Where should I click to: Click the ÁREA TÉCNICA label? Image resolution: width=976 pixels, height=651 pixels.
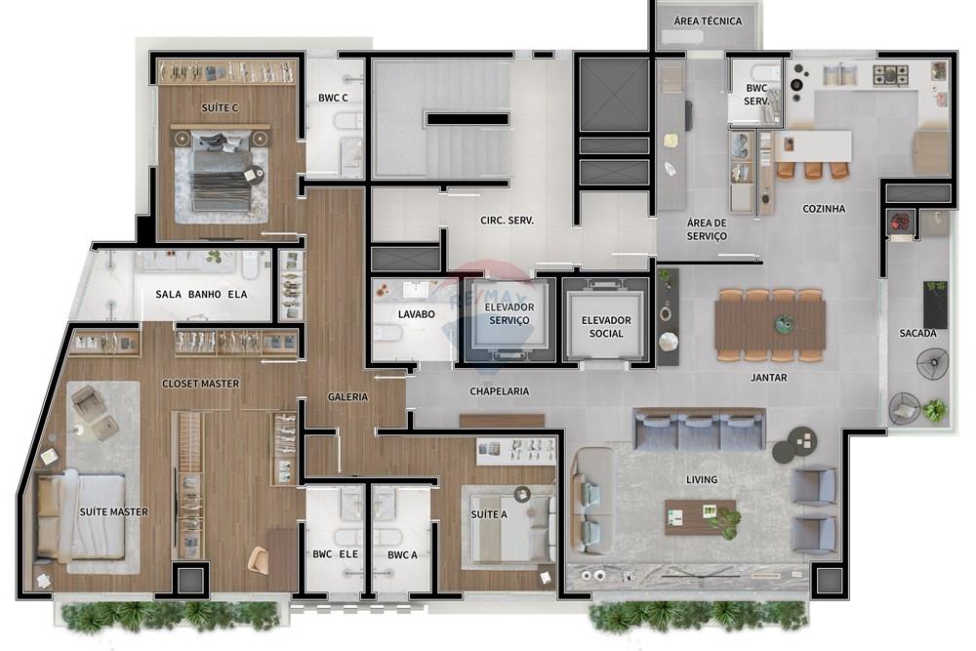point(709,20)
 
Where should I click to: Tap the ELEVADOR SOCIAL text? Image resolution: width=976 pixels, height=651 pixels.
point(606,327)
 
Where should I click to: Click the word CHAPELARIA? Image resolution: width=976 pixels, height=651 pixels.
point(499,390)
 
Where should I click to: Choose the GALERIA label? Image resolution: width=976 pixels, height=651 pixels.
point(347,397)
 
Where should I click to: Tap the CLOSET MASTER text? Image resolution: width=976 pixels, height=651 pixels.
point(200,384)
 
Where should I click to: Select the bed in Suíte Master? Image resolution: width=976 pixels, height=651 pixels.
point(82,515)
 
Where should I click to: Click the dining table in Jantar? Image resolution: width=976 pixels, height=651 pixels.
point(769,326)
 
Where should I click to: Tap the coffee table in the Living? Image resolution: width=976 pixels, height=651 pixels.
point(701,513)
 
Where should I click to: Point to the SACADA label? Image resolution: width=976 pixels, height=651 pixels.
point(917,334)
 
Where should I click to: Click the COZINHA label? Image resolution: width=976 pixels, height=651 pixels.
point(824,209)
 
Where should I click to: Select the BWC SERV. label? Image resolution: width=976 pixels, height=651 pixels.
point(755,94)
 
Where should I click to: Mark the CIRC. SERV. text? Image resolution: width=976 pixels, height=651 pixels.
point(506,220)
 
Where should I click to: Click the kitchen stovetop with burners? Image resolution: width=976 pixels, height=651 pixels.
point(890,73)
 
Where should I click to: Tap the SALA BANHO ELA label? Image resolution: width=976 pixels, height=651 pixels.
point(202,295)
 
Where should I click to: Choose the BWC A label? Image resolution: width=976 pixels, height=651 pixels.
point(401,555)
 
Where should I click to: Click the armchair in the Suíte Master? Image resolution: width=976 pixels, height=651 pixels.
point(94,410)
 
